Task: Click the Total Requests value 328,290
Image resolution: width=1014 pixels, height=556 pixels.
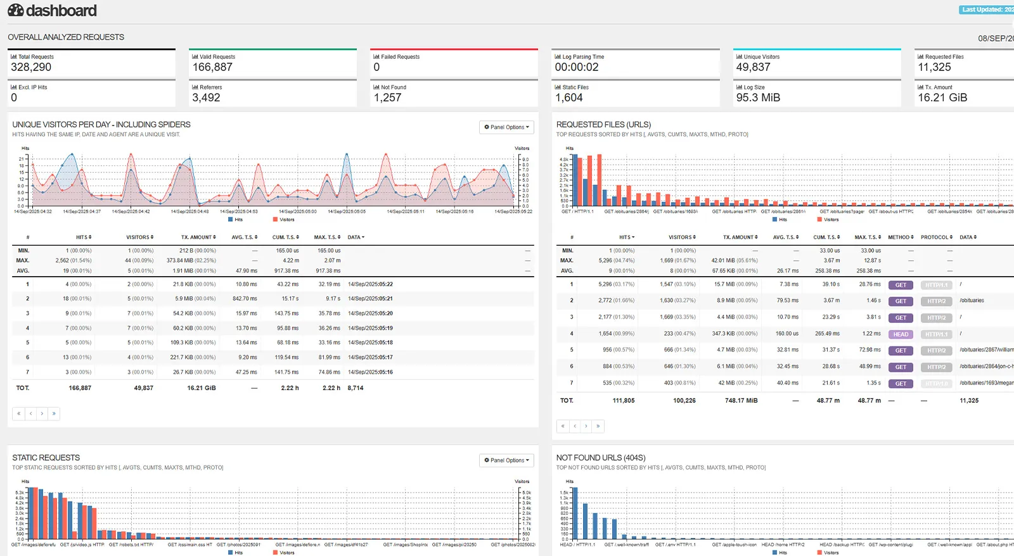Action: (x=31, y=67)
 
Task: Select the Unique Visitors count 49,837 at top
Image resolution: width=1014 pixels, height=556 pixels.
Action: (x=753, y=67)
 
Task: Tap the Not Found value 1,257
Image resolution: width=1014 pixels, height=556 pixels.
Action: (x=388, y=98)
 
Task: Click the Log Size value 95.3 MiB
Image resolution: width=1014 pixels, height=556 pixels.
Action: (x=758, y=98)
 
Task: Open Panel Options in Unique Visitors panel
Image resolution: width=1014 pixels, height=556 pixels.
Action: (x=506, y=127)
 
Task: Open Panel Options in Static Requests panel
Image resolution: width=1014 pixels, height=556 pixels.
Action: (x=506, y=460)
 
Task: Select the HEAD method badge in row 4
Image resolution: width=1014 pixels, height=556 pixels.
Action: (x=901, y=334)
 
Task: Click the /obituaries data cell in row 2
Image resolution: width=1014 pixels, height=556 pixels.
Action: (x=972, y=301)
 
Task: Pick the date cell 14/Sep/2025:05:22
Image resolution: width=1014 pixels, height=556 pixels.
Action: (x=370, y=284)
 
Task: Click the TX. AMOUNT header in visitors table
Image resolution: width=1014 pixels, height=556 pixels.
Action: (x=198, y=237)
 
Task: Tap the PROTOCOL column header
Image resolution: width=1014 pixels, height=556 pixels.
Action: (x=936, y=237)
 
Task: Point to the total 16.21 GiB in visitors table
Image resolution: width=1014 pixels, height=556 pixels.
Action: (x=202, y=388)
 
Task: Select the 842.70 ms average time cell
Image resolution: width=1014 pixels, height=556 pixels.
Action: (x=245, y=299)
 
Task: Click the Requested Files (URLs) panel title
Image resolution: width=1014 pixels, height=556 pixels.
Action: (x=603, y=125)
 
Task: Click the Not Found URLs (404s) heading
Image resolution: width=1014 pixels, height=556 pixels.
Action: (x=601, y=458)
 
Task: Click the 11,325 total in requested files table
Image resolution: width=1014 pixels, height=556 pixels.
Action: (x=969, y=401)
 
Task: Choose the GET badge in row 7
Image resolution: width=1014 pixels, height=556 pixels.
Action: (x=901, y=384)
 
